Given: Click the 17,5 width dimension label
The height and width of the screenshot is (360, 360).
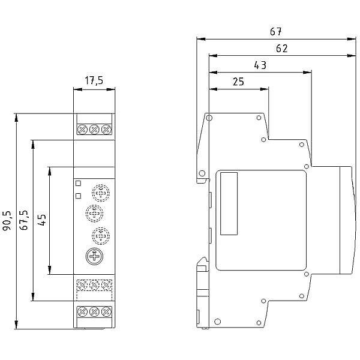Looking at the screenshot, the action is click(94, 80).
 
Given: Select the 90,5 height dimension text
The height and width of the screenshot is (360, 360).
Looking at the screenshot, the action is click(7, 220).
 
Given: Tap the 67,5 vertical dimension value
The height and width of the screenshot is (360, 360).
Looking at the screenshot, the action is click(24, 220).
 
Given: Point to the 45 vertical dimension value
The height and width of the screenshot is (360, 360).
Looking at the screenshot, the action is click(42, 220).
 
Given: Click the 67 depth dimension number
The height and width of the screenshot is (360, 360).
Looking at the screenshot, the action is click(275, 32).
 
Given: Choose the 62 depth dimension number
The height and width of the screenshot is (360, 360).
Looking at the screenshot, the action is click(282, 49).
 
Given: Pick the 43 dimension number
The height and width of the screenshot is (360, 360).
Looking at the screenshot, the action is click(260, 65).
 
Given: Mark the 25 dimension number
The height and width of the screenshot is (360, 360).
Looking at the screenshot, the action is click(238, 82).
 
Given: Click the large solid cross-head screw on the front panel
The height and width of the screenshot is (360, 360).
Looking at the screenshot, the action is click(94, 256).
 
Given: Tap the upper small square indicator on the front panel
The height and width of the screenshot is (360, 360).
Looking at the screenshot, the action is click(78, 183).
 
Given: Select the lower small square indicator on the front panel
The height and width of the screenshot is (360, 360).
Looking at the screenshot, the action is click(78, 196).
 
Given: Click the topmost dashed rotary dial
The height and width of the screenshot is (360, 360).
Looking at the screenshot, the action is click(101, 193).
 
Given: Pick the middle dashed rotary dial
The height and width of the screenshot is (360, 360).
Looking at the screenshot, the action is click(94, 214).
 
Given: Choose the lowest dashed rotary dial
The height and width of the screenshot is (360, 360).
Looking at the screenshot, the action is click(101, 236).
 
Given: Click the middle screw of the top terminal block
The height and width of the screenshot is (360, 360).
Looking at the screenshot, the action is click(94, 130).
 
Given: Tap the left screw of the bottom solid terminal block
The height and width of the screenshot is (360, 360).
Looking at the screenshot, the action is click(82, 311).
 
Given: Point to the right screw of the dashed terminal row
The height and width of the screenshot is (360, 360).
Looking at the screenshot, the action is click(106, 285).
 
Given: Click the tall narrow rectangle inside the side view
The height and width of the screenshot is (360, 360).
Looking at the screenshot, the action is click(229, 203).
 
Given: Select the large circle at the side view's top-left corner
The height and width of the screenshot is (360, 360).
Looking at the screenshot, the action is click(209, 118).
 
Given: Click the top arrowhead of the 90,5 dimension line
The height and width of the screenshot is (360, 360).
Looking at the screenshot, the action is click(16, 118).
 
